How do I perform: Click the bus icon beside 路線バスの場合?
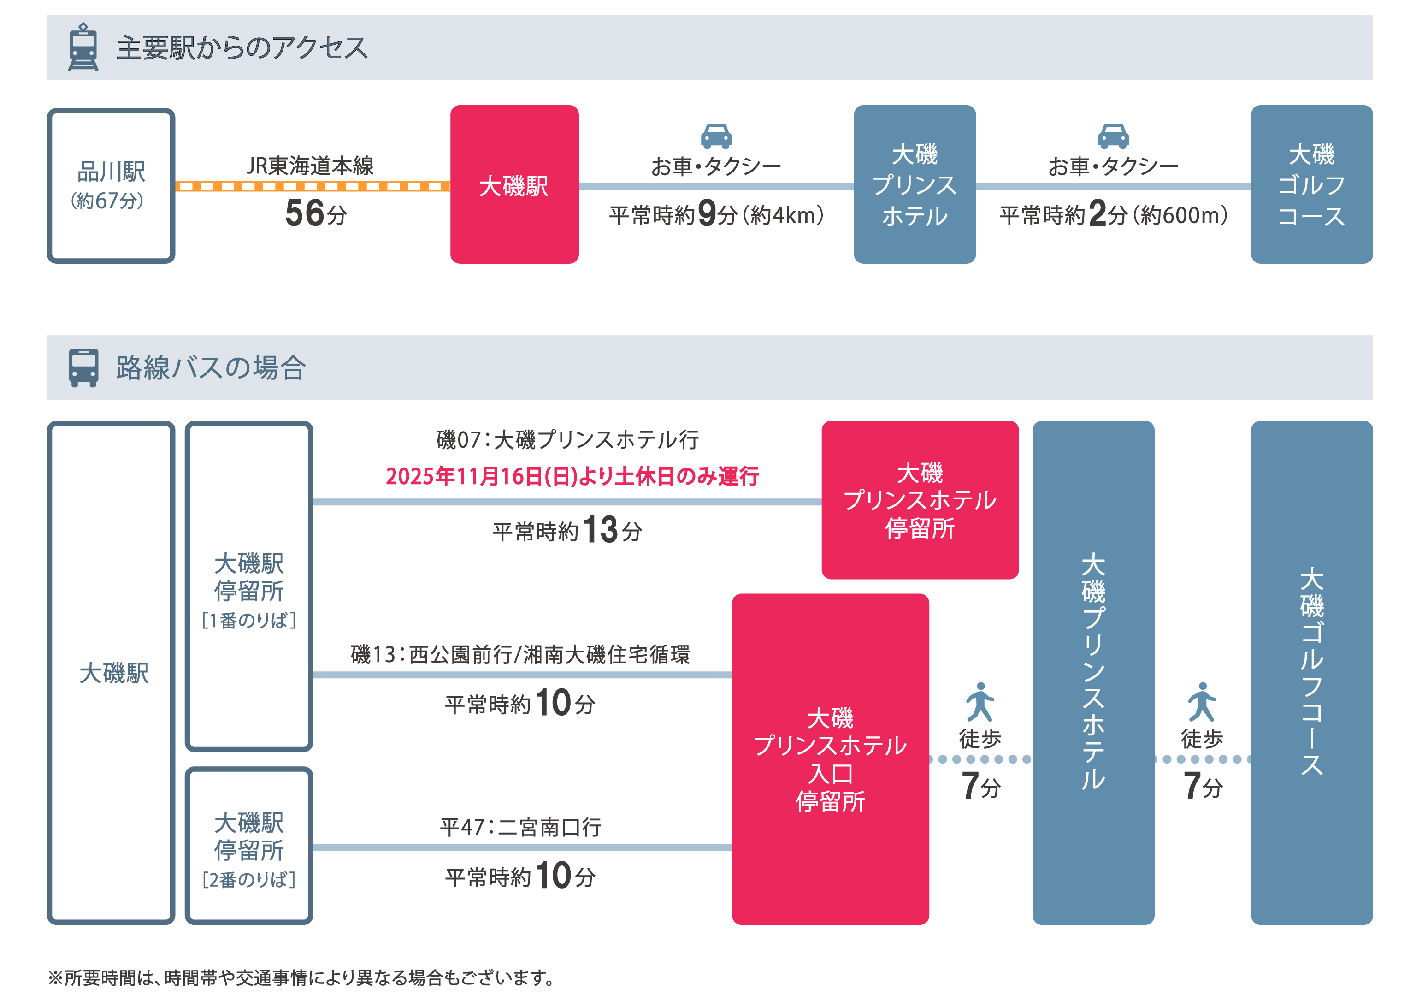pyautogui.click(x=83, y=367)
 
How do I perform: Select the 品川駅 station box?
pyautogui.click(x=111, y=185)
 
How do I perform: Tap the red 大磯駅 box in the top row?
pyautogui.click(x=514, y=185)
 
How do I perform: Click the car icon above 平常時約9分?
pyautogui.click(x=716, y=136)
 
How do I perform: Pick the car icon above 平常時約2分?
pyautogui.click(x=1113, y=136)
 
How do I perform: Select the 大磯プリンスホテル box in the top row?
pyautogui.click(x=914, y=185)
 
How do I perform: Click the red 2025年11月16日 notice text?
pyautogui.click(x=572, y=476)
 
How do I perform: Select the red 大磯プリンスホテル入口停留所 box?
pyautogui.click(x=830, y=759)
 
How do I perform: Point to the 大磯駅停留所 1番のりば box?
pyautogui.click(x=249, y=586)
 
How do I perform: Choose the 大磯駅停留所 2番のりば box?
pyautogui.click(x=249, y=846)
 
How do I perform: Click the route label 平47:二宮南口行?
pyautogui.click(x=520, y=827)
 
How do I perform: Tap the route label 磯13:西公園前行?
pyautogui.click(x=520, y=654)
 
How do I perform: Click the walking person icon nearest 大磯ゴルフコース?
pyautogui.click(x=1202, y=702)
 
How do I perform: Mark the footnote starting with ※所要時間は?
pyautogui.click(x=301, y=978)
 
